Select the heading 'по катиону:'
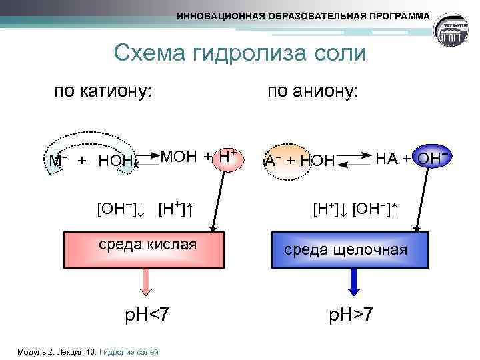[x=103, y=91]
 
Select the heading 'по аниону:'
[x=313, y=91]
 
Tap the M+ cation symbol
[x=55, y=160]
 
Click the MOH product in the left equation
[x=179, y=156]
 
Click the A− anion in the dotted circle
[x=273, y=160]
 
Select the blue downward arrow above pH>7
[x=354, y=281]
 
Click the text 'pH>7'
[x=349, y=314]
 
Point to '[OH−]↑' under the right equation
[x=376, y=209]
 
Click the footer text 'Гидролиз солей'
[x=129, y=351]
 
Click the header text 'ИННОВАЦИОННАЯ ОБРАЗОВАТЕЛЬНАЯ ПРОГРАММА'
[x=303, y=15]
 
